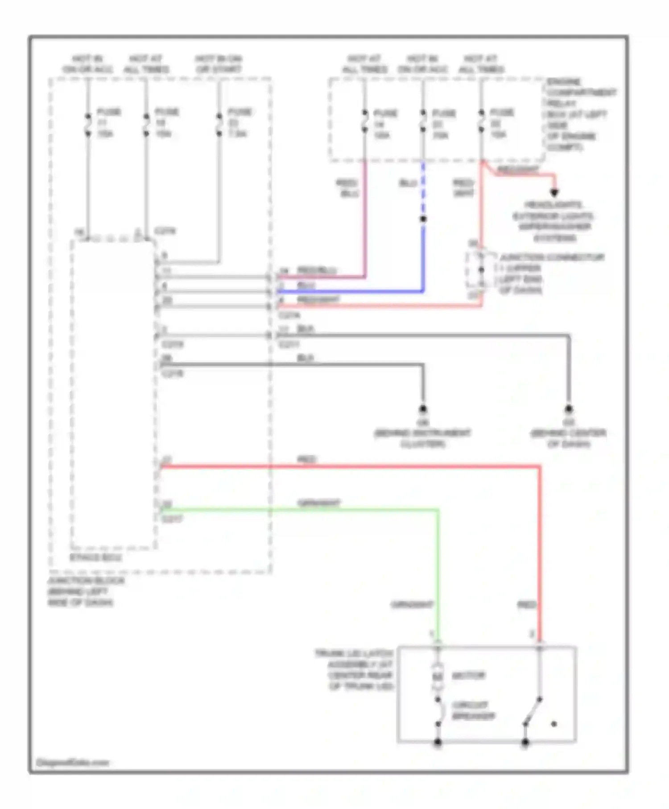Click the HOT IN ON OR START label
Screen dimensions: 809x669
[x=219, y=64]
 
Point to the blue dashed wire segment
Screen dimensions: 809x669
[x=423, y=187]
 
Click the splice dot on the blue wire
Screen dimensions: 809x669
[x=423, y=219]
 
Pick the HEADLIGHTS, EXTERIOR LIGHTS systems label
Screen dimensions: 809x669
[x=553, y=221]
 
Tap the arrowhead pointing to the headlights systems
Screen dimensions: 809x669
[x=554, y=193]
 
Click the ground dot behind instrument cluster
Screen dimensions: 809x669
[x=423, y=409]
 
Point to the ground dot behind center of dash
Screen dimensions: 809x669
[x=569, y=409]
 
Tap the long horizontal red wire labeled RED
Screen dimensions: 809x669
[x=348, y=467]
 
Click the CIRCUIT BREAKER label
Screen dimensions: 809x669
[x=473, y=711]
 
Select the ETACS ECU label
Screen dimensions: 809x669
[x=96, y=557]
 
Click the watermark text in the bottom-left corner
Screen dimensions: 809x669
[x=72, y=763]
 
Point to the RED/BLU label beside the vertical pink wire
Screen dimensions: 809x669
[x=347, y=188]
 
